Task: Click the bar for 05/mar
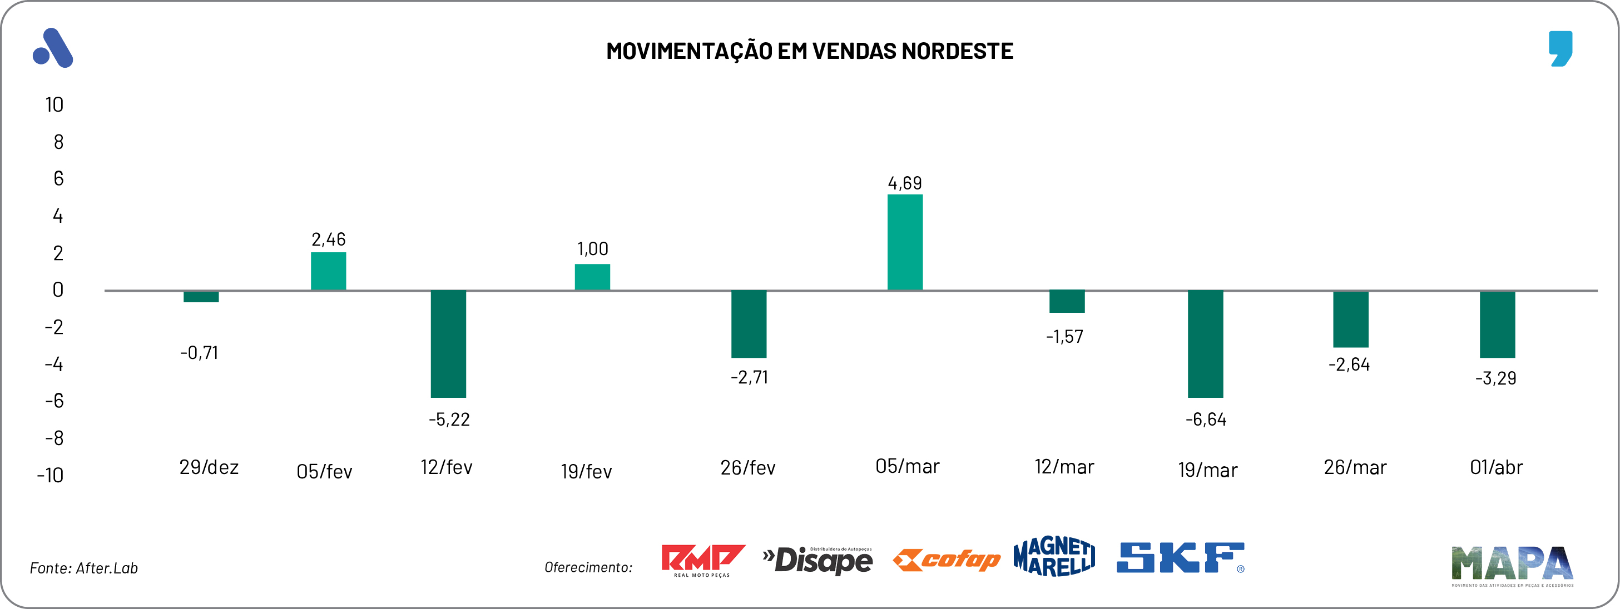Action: pyautogui.click(x=904, y=242)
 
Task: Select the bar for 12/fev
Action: pyautogui.click(x=448, y=344)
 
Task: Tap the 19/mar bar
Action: pyautogui.click(x=1205, y=344)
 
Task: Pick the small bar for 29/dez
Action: pyautogui.click(x=201, y=297)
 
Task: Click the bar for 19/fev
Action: pyautogui.click(x=592, y=277)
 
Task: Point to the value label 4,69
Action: pyautogui.click(x=904, y=183)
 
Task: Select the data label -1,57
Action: pyautogui.click(x=1064, y=337)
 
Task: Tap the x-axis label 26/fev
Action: pyautogui.click(x=748, y=468)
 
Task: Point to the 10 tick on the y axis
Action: pyautogui.click(x=54, y=105)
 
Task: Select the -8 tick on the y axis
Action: pyautogui.click(x=54, y=438)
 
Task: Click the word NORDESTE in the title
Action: pyautogui.click(x=957, y=52)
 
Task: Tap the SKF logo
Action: pyautogui.click(x=1180, y=558)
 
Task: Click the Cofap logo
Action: pyautogui.click(x=946, y=560)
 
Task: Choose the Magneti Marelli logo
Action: pyautogui.click(x=1054, y=557)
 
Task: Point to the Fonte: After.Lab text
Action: pyautogui.click(x=83, y=568)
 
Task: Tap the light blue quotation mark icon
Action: pyautogui.click(x=1560, y=48)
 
